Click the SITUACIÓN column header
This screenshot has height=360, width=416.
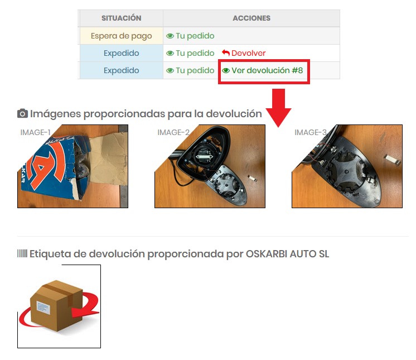click(121, 18)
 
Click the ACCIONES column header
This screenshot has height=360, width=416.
click(251, 18)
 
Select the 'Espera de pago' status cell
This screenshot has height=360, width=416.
click(121, 36)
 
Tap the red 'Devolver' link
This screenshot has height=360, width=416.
click(244, 53)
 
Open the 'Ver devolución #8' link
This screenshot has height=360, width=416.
click(263, 70)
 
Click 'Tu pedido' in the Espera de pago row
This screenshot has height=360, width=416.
click(190, 36)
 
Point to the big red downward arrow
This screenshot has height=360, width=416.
click(278, 108)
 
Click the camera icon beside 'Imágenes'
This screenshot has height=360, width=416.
click(22, 113)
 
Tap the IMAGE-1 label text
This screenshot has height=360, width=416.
click(35, 132)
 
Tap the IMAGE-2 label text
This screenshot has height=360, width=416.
click(173, 132)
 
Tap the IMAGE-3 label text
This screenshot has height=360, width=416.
click(311, 132)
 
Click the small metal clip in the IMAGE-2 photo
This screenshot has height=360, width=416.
click(252, 178)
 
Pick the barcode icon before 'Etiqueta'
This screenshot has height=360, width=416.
click(22, 253)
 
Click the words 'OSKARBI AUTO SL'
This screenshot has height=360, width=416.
click(287, 254)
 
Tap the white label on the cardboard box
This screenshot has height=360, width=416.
click(43, 308)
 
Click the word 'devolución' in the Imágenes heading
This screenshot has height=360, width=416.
click(234, 114)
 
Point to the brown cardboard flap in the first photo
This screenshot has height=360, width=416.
click(109, 159)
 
